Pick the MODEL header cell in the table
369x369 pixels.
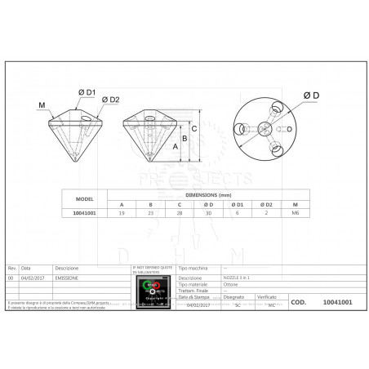click(84, 198)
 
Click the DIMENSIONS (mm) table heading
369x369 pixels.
click(207, 194)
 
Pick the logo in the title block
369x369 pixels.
click(153, 292)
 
